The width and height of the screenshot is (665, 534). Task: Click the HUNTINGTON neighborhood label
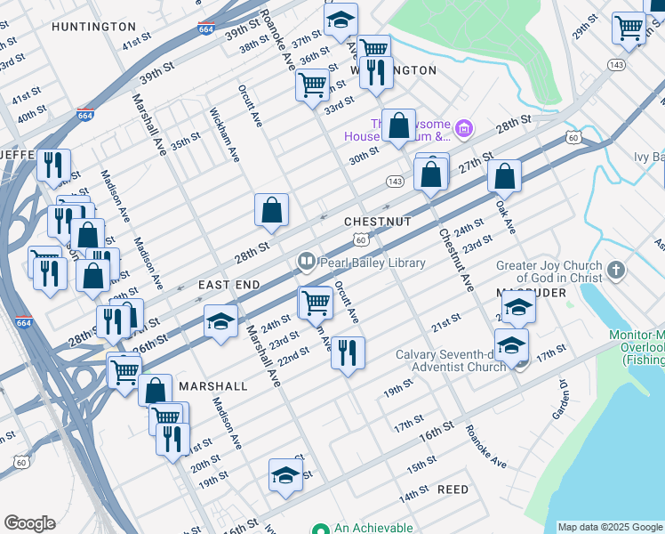93,27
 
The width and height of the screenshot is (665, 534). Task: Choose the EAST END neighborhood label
228,284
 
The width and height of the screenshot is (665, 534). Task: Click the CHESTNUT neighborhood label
377,221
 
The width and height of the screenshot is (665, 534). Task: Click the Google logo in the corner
29,523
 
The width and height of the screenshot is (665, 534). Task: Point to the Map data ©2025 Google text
610,527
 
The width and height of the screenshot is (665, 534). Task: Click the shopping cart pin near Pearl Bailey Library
316,303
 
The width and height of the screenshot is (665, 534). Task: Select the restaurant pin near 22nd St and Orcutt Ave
348,352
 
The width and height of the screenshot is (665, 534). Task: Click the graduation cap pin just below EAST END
220,322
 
